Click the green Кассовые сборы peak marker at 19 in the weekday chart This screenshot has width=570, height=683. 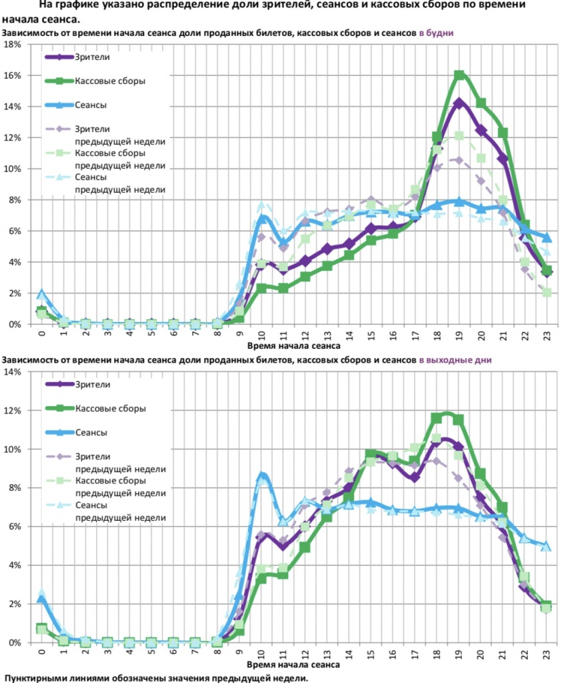click(x=459, y=75)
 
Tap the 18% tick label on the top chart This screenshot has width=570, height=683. click(x=13, y=45)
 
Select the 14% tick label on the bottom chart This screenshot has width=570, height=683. click(x=13, y=372)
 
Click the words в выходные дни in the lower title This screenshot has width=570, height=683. click(x=455, y=360)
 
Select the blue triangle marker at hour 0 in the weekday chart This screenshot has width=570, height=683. click(x=41, y=294)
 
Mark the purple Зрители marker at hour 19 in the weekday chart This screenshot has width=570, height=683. click(x=459, y=103)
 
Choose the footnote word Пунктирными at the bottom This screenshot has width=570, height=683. click(x=40, y=678)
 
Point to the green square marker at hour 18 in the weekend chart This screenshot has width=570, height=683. click(x=437, y=418)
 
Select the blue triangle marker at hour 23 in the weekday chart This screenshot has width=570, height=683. click(x=547, y=237)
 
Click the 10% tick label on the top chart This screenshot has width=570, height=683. click(x=13, y=169)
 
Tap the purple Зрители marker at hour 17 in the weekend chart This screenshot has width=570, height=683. click(x=415, y=477)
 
